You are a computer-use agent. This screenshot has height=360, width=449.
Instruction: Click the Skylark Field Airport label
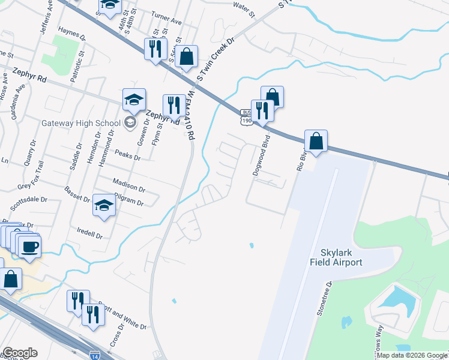pyautogui.click(x=336, y=257)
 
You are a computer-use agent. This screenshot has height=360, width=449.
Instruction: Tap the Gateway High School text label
pyautogui.click(x=81, y=124)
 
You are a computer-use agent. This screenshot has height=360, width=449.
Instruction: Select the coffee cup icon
pyautogui.click(x=29, y=246)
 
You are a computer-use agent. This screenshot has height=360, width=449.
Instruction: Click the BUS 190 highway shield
pyautogui.click(x=246, y=118)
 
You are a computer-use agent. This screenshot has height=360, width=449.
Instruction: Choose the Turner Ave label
pyautogui.click(x=166, y=21)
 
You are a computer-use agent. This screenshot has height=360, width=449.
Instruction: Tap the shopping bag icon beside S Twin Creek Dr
pyautogui.click(x=187, y=57)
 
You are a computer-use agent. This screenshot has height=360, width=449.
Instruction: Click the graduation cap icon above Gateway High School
pyautogui.click(x=134, y=100)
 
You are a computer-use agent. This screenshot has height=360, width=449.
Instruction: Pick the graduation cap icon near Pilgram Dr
pyautogui.click(x=104, y=205)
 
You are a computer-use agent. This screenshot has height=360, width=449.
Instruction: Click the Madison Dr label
pyautogui.click(x=129, y=184)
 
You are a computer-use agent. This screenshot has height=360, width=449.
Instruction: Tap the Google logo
pyautogui.click(x=20, y=353)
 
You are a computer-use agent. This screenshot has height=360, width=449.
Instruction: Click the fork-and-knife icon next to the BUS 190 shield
pyautogui.click(x=262, y=110)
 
